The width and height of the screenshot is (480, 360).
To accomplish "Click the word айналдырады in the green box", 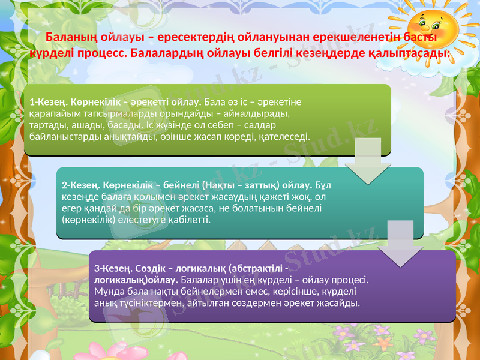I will tap(263, 113).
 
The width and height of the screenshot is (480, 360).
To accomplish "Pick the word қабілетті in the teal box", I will tap(191, 220).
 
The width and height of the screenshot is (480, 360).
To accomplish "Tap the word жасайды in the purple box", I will tap(343, 303).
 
